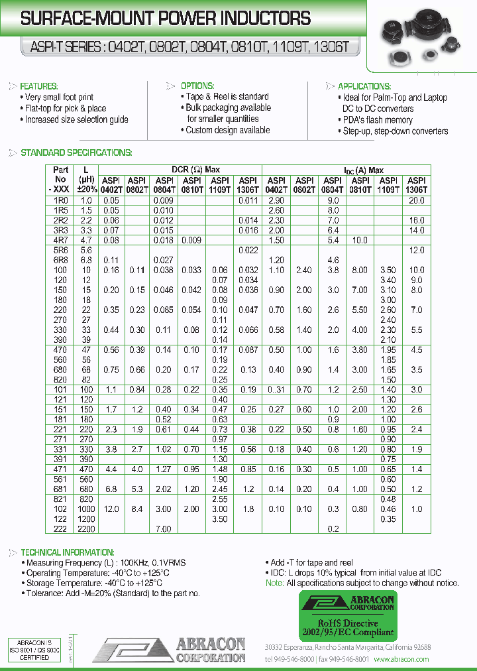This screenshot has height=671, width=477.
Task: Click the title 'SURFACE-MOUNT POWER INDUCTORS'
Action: [x=166, y=19]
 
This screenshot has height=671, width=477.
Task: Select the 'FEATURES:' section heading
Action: [x=39, y=86]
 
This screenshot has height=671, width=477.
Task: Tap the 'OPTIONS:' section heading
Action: [x=197, y=86]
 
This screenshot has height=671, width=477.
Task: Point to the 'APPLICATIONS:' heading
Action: [x=364, y=86]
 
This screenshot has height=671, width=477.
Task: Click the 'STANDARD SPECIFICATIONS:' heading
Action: [x=76, y=153]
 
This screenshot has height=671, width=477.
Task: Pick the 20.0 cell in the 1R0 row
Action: [x=416, y=200]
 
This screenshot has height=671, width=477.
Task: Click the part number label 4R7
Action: [x=60, y=241]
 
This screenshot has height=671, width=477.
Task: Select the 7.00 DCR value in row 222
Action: [x=163, y=529]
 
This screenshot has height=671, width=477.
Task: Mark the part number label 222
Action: [x=60, y=529]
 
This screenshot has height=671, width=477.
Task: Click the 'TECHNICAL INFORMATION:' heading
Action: [x=68, y=552]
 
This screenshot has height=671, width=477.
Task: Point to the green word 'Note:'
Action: [x=274, y=583]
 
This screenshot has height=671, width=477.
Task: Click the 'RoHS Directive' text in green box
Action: [x=347, y=623]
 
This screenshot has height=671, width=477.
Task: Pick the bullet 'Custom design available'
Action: [x=227, y=130]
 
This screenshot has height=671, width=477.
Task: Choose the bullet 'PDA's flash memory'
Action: [x=378, y=120]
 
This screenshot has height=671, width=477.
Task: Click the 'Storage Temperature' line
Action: [x=93, y=583]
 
